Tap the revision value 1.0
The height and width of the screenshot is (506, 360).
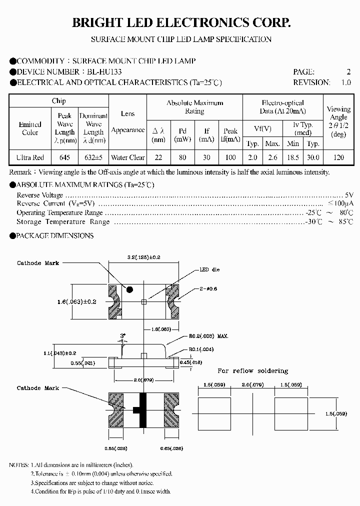(x=346, y=82)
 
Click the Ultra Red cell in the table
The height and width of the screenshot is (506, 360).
(x=30, y=157)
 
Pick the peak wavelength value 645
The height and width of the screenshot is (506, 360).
(x=65, y=157)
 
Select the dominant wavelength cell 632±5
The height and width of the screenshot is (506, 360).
(x=93, y=157)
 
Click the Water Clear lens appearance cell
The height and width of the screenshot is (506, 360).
(x=128, y=157)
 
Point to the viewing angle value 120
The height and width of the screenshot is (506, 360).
(x=338, y=157)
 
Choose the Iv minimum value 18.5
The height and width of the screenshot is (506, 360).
(x=293, y=157)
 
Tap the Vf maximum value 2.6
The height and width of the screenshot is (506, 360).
(x=272, y=157)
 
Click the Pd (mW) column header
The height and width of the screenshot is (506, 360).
(x=182, y=135)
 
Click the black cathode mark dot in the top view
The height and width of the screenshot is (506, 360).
(x=129, y=289)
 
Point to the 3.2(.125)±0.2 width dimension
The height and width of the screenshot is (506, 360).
(x=144, y=257)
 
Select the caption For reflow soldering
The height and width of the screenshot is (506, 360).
(x=252, y=371)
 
